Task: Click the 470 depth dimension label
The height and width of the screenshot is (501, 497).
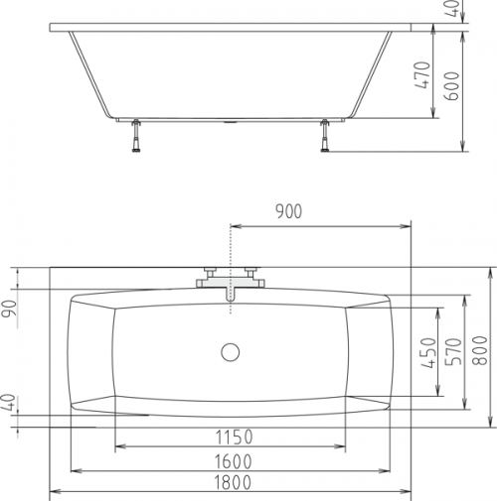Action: (422, 75)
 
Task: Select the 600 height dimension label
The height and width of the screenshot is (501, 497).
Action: (452, 86)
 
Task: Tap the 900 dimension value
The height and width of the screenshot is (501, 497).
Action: (289, 211)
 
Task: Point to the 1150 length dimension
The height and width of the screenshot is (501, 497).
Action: (235, 437)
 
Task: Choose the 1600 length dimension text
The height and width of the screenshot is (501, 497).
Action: (234, 461)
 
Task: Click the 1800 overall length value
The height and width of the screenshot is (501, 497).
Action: (233, 482)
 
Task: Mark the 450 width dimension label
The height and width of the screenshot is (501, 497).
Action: (428, 352)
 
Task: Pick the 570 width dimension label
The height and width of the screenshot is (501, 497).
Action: (453, 351)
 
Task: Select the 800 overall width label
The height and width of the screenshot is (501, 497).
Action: (480, 350)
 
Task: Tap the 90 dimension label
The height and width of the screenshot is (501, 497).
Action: (9, 309)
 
